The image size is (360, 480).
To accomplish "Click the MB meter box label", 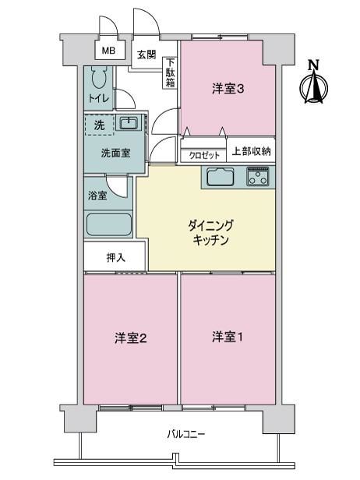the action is pyautogui.click(x=108, y=51).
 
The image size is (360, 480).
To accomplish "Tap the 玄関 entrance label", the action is pyautogui.click(x=146, y=55).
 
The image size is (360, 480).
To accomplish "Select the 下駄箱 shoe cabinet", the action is pyautogui.click(x=170, y=73).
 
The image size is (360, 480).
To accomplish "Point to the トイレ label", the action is pyautogui.click(x=98, y=98).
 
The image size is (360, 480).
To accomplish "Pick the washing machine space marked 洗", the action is pyautogui.click(x=99, y=125).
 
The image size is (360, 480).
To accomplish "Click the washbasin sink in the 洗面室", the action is pyautogui.click(x=129, y=123).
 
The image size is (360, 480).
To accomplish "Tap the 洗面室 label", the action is pyautogui.click(x=115, y=153).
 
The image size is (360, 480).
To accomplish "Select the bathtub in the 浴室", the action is pyautogui.click(x=108, y=224).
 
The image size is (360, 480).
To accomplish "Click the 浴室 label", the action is pyautogui.click(x=97, y=196).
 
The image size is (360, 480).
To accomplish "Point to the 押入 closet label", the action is pyautogui.click(x=115, y=257).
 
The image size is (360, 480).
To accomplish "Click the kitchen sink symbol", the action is pyautogui.click(x=221, y=177).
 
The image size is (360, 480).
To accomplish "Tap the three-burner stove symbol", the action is pyautogui.click(x=258, y=176).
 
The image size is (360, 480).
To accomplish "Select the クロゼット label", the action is pyautogui.click(x=204, y=156).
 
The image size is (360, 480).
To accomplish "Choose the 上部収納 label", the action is pyautogui.click(x=251, y=151).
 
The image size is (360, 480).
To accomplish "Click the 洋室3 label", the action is pyautogui.click(x=228, y=89).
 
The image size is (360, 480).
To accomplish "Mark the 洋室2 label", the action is pyautogui.click(x=131, y=338).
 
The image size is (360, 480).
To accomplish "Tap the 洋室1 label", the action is pyautogui.click(x=228, y=337).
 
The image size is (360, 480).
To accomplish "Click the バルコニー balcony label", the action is pyautogui.click(x=185, y=434).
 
